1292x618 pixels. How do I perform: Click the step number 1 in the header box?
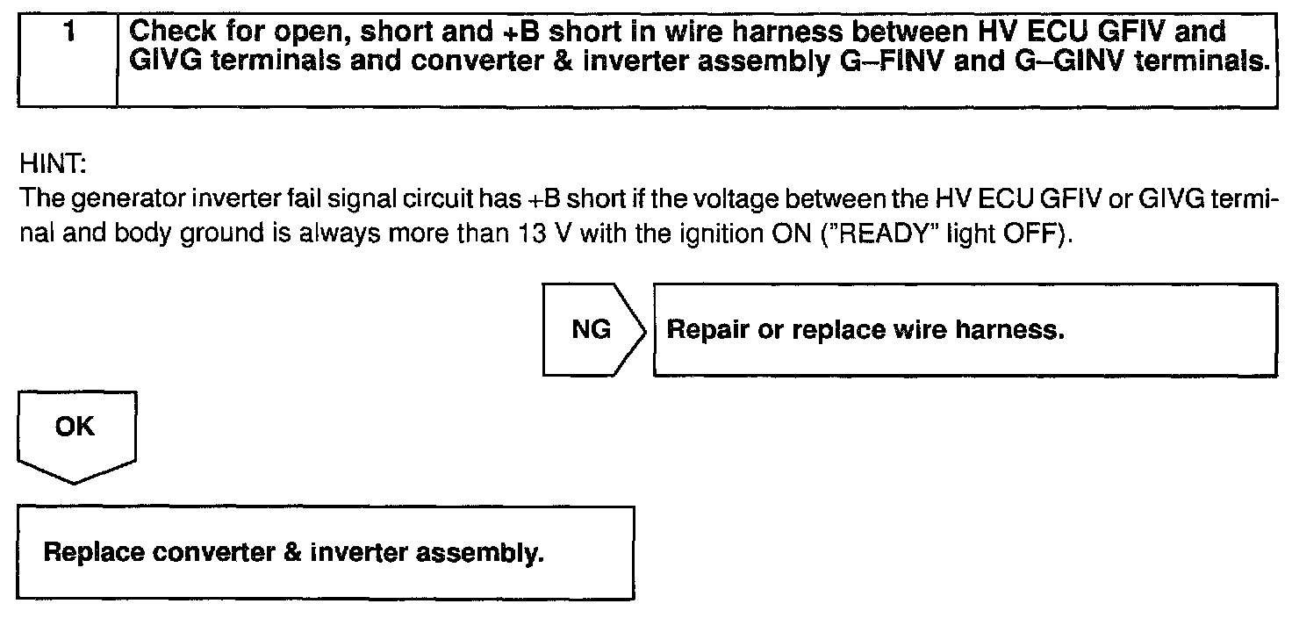point(67,32)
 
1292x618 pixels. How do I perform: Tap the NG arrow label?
point(591,330)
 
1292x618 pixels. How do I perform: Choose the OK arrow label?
point(75,427)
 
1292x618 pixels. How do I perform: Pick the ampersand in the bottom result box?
point(291,554)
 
